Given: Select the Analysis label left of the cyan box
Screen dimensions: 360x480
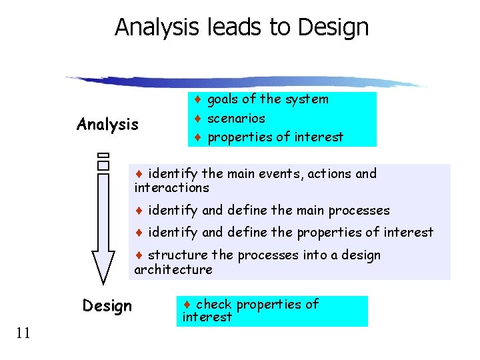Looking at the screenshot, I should [107, 125].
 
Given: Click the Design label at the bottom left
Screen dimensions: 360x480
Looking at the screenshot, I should [107, 306].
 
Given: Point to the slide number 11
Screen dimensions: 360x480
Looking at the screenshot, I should [22, 333].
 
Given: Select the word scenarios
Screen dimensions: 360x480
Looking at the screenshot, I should [236, 119].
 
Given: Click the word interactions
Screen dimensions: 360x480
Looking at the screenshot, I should [171, 189].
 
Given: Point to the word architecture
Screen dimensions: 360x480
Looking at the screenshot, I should [173, 270].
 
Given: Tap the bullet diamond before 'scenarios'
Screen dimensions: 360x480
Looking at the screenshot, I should [198, 119].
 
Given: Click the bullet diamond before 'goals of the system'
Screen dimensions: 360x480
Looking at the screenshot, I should [198, 100].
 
